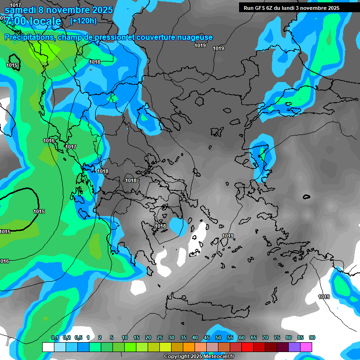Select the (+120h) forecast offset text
[x=83, y=21]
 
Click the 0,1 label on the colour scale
[x=55, y=338]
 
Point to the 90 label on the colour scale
[x=312, y=338]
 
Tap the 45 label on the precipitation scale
[x=207, y=338]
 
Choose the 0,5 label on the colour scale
[x=78, y=338]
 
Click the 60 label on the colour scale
[x=242, y=338]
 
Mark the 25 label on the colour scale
[x=160, y=338]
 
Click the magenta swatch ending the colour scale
[x=306, y=347]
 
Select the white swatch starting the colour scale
[x=48, y=347]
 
